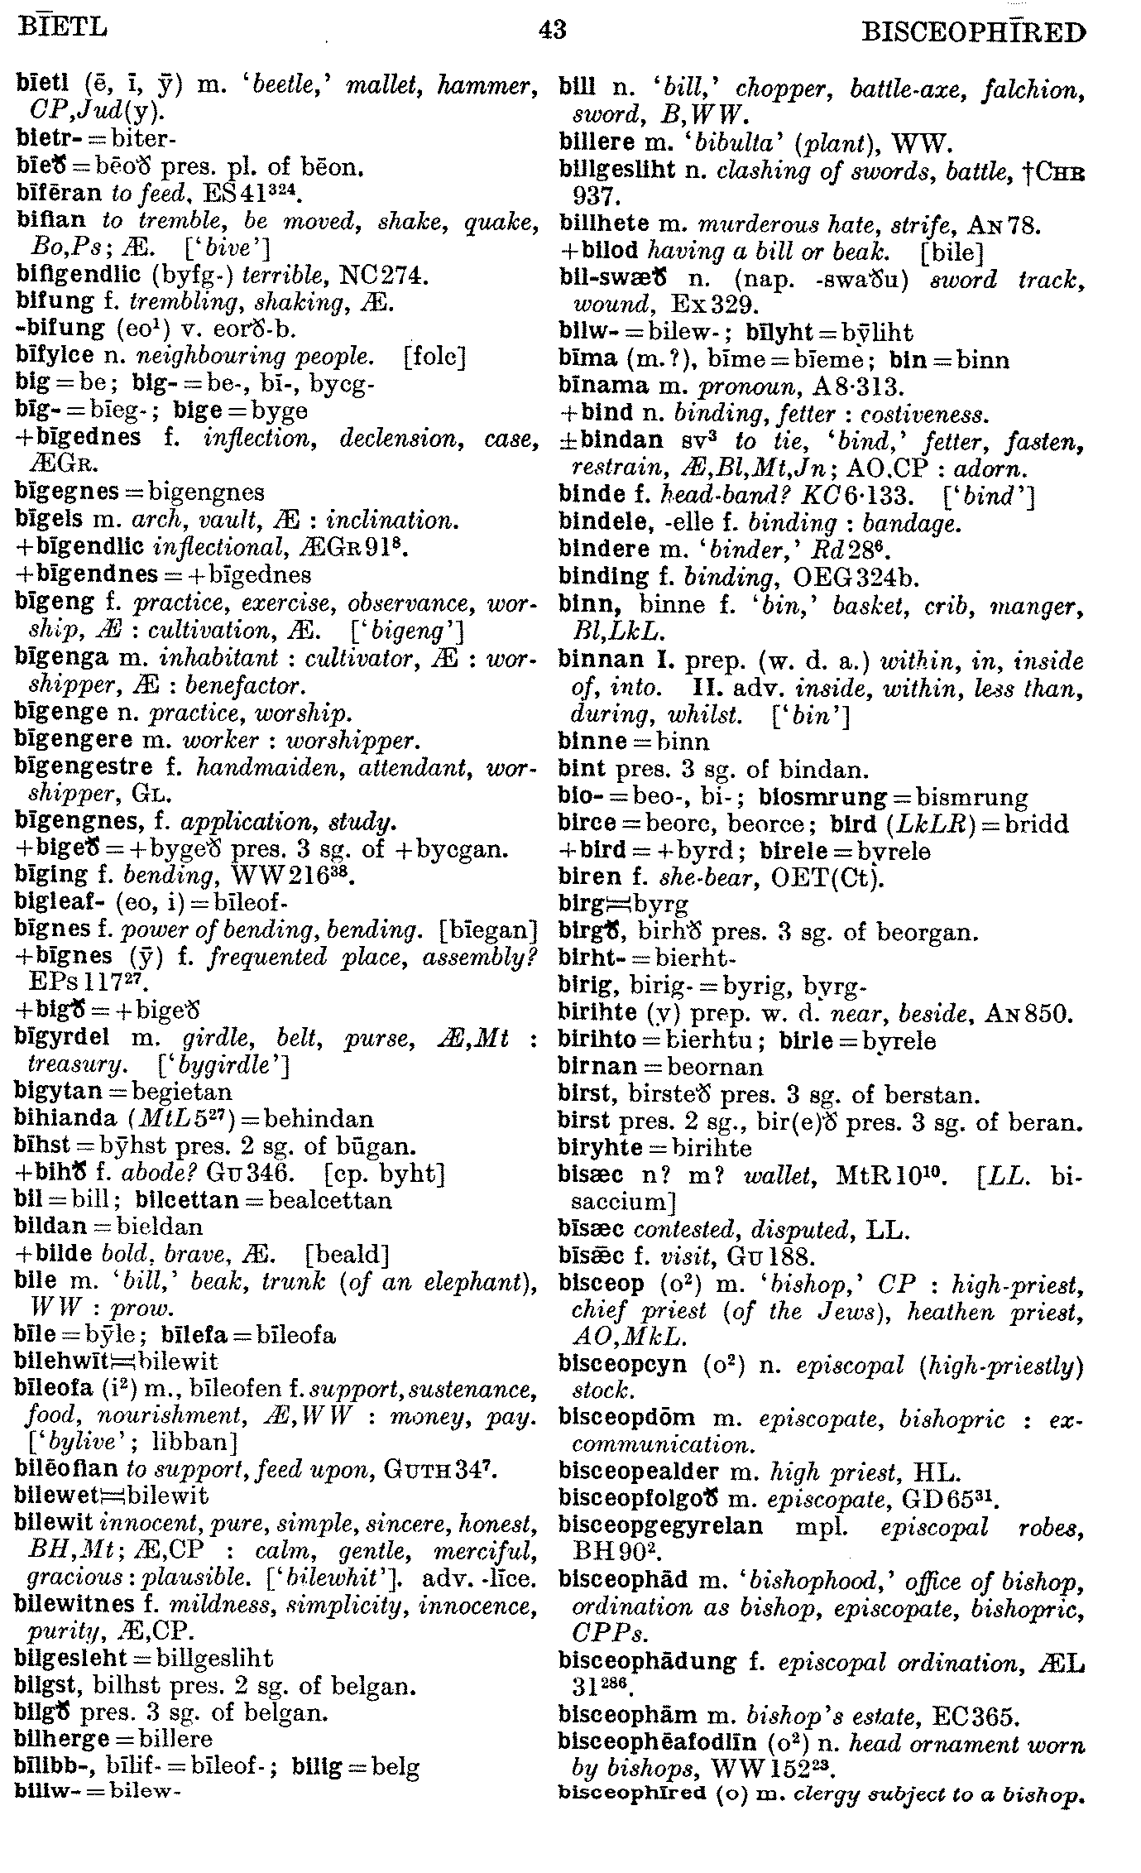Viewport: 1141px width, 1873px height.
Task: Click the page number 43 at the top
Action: [552, 31]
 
